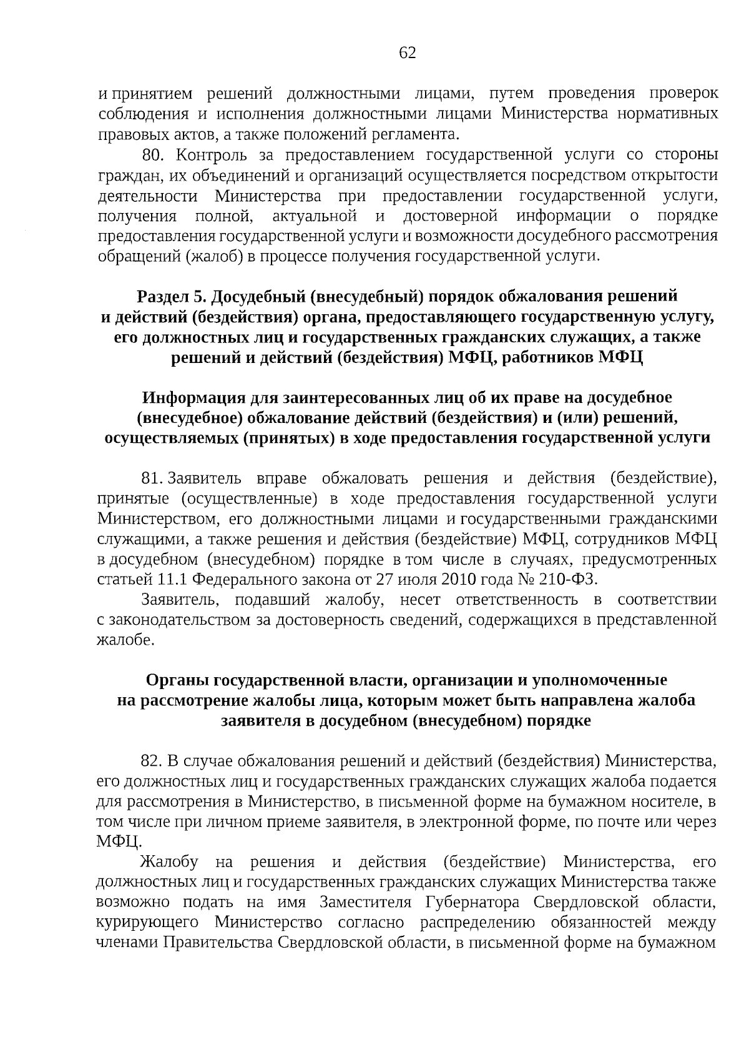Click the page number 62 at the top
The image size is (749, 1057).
point(407,52)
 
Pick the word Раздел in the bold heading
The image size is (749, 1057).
point(161,295)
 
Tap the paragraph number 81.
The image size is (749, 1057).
point(153,479)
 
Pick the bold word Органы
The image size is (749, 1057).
point(174,680)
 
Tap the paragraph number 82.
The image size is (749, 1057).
point(153,761)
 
